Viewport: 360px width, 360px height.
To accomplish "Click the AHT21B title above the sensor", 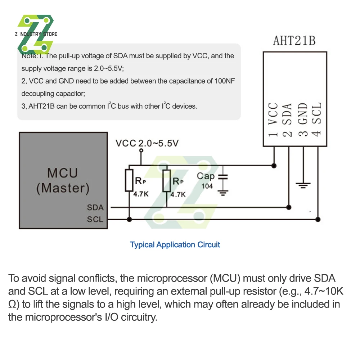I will click(x=294, y=41).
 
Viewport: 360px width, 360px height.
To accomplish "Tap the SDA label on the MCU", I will click(x=95, y=208).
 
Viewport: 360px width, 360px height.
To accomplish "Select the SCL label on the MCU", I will click(x=95, y=219).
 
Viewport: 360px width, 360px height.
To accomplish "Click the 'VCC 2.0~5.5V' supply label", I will click(x=147, y=143).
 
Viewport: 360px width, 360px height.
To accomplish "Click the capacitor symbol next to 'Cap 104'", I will click(x=224, y=177).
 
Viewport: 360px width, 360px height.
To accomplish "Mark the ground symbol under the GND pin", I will click(x=303, y=185).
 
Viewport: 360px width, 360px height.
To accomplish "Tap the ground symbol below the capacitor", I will click(x=224, y=193).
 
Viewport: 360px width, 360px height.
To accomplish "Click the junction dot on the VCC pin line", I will click(x=274, y=165).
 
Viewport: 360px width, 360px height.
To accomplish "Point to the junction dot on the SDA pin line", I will click(x=288, y=207).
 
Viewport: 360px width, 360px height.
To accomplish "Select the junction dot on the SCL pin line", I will click(x=318, y=219).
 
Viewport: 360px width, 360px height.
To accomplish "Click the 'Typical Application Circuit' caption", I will click(x=175, y=245).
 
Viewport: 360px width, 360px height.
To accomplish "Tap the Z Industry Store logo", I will click(x=36, y=34).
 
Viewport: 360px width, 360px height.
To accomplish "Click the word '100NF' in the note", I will click(x=226, y=81).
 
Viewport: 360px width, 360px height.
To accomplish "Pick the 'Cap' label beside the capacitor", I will click(x=206, y=176).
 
